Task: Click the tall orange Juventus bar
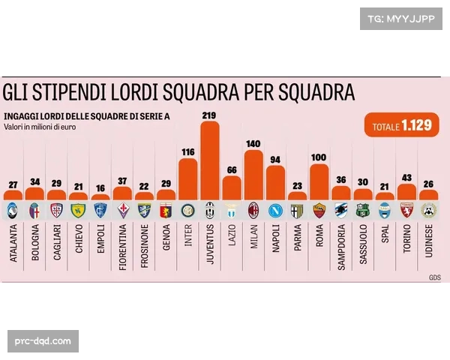(210, 161)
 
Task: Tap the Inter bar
(188, 180)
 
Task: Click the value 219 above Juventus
(210, 115)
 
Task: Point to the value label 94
(276, 159)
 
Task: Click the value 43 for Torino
(407, 177)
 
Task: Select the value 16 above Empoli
(100, 188)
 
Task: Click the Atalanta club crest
(13, 210)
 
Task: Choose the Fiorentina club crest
(122, 210)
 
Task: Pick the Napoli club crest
(276, 210)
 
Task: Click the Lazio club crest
(232, 210)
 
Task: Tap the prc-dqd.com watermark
(43, 341)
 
